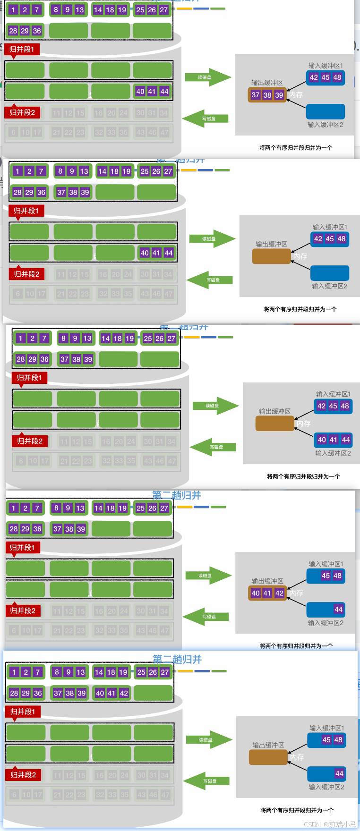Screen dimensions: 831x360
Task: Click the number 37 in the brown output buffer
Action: [x=256, y=95]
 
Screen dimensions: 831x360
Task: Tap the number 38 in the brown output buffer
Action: [x=267, y=95]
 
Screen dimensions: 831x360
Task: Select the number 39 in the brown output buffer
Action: [x=279, y=95]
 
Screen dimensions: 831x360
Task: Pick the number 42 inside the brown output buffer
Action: [x=279, y=593]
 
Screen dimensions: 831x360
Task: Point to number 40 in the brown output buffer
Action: [x=256, y=593]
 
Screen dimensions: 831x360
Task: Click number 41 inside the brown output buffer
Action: [x=267, y=593]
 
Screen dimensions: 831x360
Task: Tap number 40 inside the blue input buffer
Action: [x=322, y=440]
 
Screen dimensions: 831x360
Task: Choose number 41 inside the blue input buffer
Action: [x=334, y=440]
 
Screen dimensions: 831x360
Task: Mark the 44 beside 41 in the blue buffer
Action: [x=346, y=440]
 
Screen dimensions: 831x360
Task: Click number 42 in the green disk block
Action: [x=124, y=693]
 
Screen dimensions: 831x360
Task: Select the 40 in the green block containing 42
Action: [x=100, y=693]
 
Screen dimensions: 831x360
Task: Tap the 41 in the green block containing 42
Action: [x=111, y=693]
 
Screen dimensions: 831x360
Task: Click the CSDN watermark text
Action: [x=330, y=824]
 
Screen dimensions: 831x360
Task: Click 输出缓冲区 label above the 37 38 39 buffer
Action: [x=267, y=83]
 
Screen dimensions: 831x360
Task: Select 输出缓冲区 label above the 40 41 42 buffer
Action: [x=267, y=581]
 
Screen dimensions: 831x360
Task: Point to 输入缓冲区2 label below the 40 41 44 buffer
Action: [x=333, y=453]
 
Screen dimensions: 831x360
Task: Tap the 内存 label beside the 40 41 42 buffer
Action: [x=296, y=593]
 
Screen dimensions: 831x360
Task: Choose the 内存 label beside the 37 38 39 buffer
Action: [x=296, y=95]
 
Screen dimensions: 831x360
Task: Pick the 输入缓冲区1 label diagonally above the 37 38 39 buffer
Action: [x=326, y=66]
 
